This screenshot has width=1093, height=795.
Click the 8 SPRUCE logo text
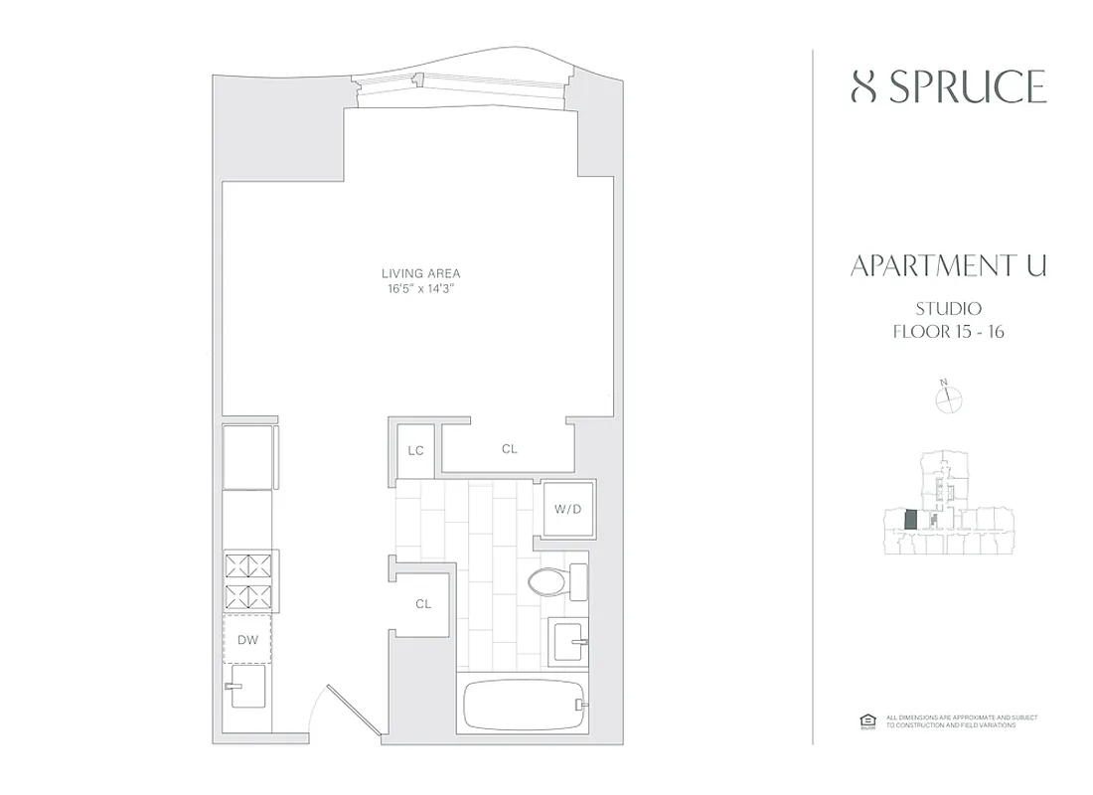pos(948,87)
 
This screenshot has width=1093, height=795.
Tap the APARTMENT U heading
pos(948,266)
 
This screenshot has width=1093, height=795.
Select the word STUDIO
pos(948,309)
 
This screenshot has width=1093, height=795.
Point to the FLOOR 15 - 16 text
pos(948,332)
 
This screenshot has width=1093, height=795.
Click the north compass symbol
pos(950,398)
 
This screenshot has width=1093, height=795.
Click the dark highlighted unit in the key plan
pos(909,520)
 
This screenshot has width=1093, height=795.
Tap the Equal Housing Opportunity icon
pos(864,720)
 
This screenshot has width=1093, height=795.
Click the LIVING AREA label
pos(420,273)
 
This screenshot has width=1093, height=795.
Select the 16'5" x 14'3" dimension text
pos(420,289)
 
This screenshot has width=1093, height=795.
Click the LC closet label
pos(415,450)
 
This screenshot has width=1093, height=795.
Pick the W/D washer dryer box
pos(567,510)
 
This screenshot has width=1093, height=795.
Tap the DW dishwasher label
pos(248,640)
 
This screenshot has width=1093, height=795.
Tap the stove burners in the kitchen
pos(250,582)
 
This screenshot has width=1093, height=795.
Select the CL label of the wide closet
pos(509,449)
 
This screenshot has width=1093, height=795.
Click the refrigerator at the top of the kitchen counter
pos(249,456)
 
